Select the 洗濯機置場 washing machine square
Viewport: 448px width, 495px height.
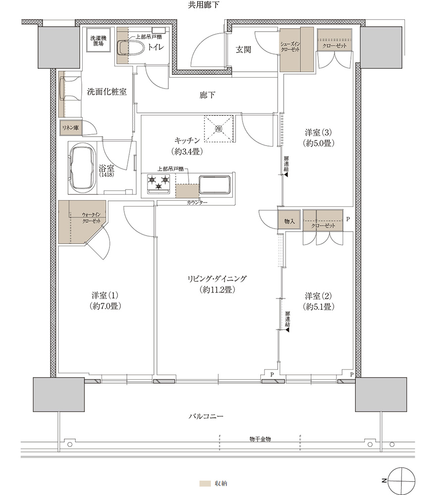98,41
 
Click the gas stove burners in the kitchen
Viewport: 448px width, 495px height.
158,184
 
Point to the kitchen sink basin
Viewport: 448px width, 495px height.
214,185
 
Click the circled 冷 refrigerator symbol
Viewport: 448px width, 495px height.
218,129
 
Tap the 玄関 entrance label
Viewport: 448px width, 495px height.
244,49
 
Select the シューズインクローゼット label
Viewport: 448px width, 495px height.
290,47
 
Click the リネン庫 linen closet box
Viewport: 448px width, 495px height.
71,128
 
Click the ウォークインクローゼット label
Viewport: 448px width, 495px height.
91,218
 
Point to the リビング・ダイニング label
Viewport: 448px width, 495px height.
217,279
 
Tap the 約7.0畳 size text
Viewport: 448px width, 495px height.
105,306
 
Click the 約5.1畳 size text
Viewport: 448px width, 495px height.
319,306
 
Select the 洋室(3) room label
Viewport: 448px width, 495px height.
318,132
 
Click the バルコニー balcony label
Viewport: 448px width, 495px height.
206,416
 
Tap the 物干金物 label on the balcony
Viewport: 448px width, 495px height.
260,439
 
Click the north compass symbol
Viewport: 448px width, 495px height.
400,481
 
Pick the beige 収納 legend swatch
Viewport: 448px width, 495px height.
205,483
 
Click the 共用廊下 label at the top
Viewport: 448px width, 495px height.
203,5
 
